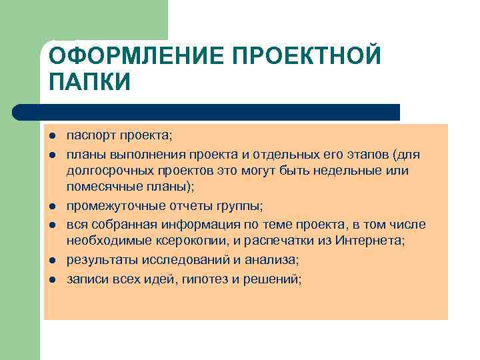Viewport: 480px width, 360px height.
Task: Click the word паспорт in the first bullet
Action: pyautogui.click(x=91, y=137)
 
